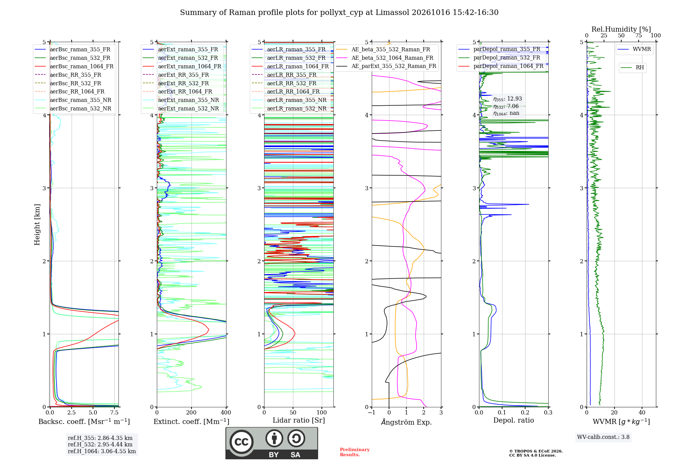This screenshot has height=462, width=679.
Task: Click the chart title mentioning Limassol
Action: (x=339, y=13)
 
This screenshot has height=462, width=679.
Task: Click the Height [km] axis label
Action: (x=37, y=225)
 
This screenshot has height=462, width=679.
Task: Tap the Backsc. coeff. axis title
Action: (x=84, y=422)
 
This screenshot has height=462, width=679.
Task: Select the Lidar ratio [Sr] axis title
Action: (x=299, y=421)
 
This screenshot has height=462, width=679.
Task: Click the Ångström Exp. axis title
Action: (x=406, y=422)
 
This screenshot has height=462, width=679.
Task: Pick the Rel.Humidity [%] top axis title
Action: (x=621, y=29)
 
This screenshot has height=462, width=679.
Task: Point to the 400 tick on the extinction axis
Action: (x=226, y=412)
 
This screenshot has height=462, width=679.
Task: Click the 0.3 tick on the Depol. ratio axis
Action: (x=548, y=412)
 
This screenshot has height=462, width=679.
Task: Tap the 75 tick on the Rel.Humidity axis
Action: (x=639, y=36)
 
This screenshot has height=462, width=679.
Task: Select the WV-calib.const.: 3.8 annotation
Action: (x=603, y=437)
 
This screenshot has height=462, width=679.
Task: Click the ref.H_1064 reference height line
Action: (x=102, y=451)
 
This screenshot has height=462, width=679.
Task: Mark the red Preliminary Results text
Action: (x=355, y=452)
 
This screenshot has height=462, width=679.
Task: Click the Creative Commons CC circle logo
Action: (x=241, y=442)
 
